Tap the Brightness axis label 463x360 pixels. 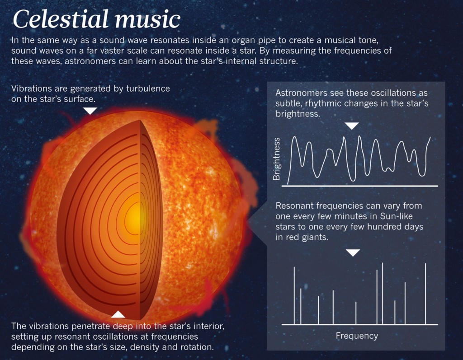[x=277, y=159]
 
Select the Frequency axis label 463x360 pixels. [x=357, y=336]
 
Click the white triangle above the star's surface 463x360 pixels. [x=90, y=111]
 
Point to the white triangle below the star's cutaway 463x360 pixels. [x=118, y=314]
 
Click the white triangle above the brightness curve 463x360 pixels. [x=352, y=126]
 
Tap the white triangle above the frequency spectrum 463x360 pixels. [x=353, y=252]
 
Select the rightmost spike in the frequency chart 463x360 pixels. [x=425, y=294]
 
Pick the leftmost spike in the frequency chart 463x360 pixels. [x=294, y=295]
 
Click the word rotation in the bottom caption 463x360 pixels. [x=197, y=347]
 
